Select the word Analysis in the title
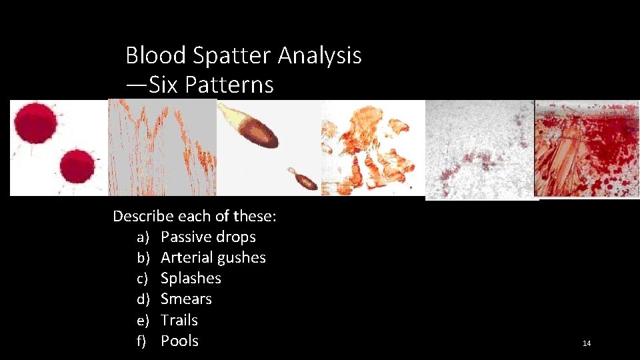[319, 55]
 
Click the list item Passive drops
[208, 237]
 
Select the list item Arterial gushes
[213, 257]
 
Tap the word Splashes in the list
[191, 278]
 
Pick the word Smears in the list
[186, 299]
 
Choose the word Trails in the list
[179, 320]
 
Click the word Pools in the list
[179, 341]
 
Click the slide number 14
[587, 343]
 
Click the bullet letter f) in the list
[141, 341]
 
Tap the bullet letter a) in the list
[142, 237]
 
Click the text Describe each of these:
[195, 216]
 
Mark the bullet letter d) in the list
[141, 299]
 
